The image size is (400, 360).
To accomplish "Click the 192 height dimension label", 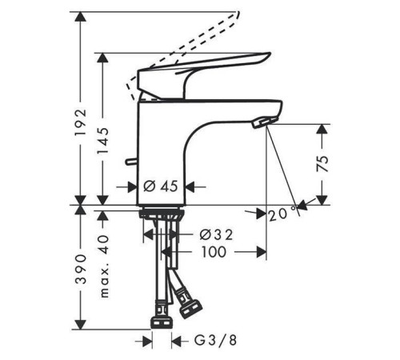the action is click(x=81, y=122).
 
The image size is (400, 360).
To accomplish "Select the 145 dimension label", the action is click(x=102, y=141).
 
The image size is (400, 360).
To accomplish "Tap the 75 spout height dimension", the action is click(x=322, y=163).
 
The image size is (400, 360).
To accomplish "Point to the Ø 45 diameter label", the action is click(x=160, y=186).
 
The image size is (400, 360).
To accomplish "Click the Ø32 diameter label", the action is click(x=216, y=234).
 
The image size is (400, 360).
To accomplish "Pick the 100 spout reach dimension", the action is click(x=214, y=252).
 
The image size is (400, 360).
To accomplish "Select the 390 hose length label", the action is click(x=81, y=269).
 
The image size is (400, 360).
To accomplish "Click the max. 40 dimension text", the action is click(x=104, y=266).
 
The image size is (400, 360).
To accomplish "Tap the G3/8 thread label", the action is click(x=215, y=340).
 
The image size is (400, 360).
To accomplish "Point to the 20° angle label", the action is click(x=282, y=214).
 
